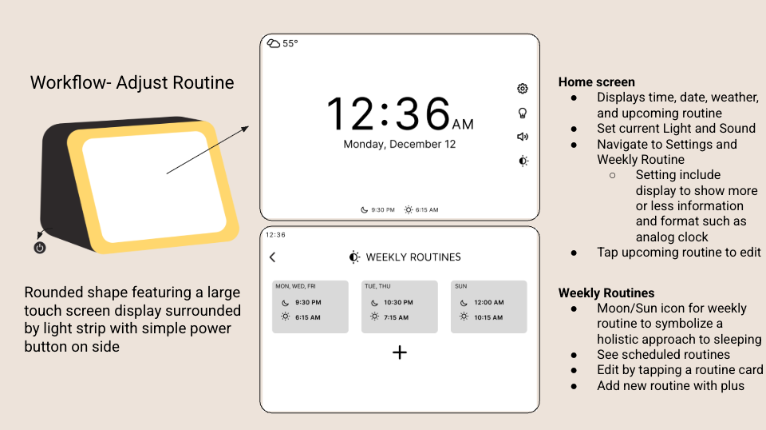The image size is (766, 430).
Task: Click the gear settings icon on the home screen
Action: coord(523,89)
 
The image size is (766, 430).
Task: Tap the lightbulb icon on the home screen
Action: coord(523,113)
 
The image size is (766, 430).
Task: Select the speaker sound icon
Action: coord(523,137)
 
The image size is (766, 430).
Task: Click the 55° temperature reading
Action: coord(290,44)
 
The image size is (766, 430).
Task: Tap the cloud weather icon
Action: coord(274,43)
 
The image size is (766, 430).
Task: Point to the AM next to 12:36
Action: coord(463,125)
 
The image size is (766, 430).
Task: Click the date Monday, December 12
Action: coord(399,145)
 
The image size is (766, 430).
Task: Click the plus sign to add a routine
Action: coord(400,352)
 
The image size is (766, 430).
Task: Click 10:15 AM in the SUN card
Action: coord(488,317)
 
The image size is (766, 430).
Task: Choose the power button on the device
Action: coord(40,248)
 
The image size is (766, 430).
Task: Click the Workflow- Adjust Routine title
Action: coord(132,82)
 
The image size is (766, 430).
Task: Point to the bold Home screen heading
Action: coord(596,82)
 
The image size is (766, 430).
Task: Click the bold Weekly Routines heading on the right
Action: coord(606,293)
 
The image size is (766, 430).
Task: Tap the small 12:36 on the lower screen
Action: coord(275,235)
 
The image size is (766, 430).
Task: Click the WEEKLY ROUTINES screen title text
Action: coord(413,257)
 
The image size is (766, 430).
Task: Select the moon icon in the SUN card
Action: coord(463,303)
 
